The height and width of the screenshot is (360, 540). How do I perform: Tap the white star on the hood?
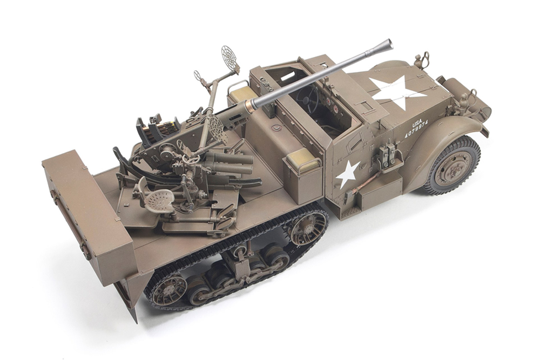pyautogui.click(x=395, y=91)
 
